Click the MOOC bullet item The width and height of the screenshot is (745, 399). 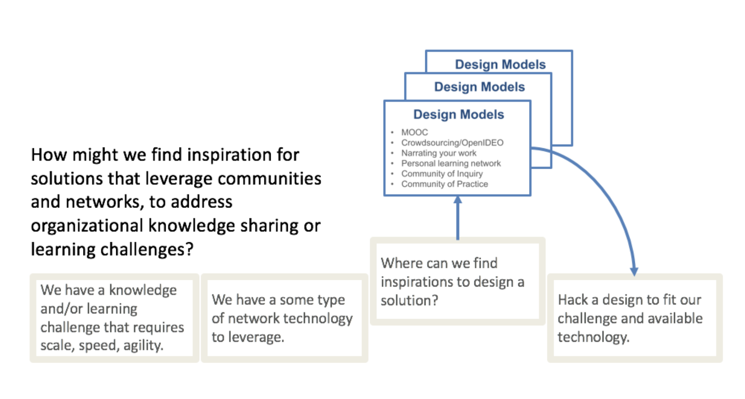click(414, 132)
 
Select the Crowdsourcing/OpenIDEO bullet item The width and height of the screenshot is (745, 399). click(452, 143)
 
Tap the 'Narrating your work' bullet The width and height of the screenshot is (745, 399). click(438, 153)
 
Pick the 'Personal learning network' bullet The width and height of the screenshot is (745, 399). click(451, 164)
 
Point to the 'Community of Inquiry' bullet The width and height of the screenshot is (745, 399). click(442, 174)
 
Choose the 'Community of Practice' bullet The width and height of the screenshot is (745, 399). click(444, 184)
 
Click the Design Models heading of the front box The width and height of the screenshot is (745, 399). click(458, 115)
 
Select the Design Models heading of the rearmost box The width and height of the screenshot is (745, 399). click(500, 65)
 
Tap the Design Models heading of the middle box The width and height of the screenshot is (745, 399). click(479, 87)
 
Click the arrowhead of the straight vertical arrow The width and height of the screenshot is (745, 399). click(458, 200)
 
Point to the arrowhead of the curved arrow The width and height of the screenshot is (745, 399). click(634, 271)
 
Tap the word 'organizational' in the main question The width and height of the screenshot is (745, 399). click(87, 226)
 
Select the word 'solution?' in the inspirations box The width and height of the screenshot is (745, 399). click(409, 300)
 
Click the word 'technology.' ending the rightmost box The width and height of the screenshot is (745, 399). click(593, 337)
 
